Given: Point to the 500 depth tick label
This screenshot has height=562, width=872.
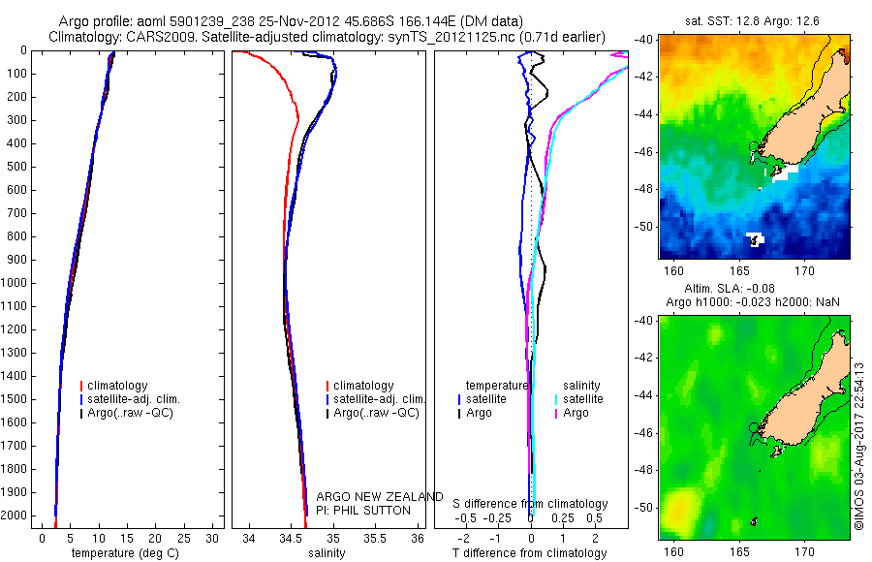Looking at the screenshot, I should coord(16,167).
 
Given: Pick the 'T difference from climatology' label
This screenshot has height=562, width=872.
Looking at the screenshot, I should coord(529,553).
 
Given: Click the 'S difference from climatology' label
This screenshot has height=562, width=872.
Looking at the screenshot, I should coord(531,505).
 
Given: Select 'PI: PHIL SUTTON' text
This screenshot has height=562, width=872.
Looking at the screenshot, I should coord(363,510).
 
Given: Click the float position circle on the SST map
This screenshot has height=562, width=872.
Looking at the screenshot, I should coord(754,146).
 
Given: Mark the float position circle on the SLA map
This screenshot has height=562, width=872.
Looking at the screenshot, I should coord(754,427).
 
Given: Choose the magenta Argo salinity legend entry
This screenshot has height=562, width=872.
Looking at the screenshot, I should coord(576,413).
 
